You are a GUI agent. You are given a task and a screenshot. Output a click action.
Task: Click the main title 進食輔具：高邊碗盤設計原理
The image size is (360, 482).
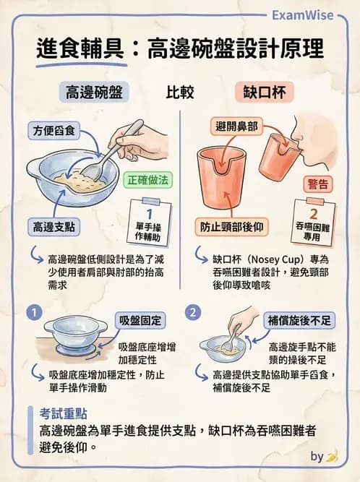(180, 49)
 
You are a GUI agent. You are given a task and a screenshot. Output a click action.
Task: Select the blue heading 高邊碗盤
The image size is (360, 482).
(94, 92)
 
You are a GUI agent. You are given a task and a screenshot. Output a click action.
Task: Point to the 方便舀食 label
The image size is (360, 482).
(56, 132)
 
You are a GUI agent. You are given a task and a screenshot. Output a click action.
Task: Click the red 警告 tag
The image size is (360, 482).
(319, 184)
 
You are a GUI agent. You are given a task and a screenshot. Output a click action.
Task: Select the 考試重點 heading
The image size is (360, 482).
(64, 413)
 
